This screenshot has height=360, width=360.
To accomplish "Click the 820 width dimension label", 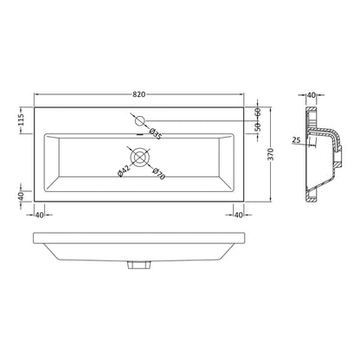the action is [x=139, y=94].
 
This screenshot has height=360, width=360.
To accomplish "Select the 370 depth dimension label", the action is [x=270, y=155].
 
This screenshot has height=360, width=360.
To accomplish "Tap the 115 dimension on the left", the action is [x=21, y=119].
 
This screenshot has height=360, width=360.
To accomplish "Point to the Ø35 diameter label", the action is [x=155, y=134].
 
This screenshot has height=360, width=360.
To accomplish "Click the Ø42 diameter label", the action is [x=123, y=170].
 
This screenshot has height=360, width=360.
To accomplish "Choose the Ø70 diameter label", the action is [x=159, y=174].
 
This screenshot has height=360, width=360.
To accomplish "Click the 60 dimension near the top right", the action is [x=258, y=112].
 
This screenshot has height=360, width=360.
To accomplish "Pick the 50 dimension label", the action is [x=258, y=127].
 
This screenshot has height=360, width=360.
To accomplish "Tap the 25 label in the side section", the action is [x=296, y=140].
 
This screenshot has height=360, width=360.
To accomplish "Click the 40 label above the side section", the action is [x=312, y=95].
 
